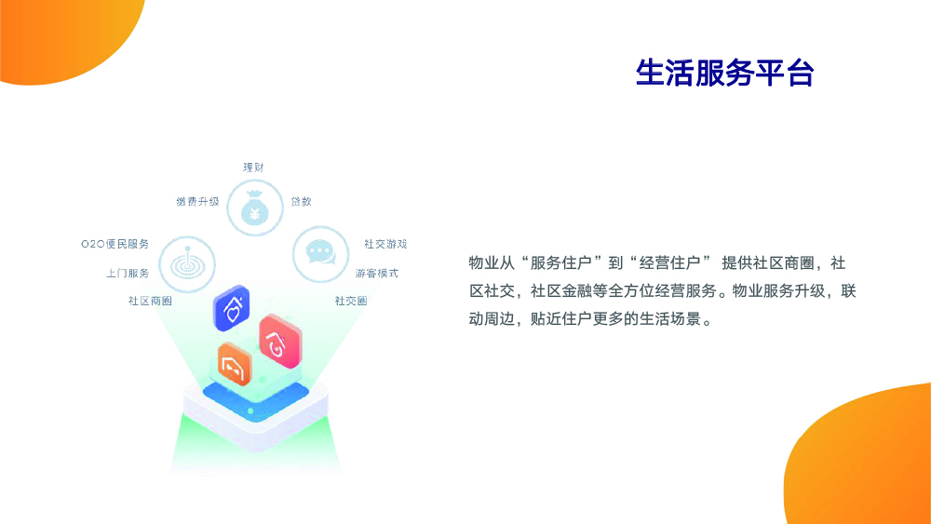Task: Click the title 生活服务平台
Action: pyautogui.click(x=724, y=73)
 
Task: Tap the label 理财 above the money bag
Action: pyautogui.click(x=253, y=168)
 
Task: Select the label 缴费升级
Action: pyautogui.click(x=197, y=202)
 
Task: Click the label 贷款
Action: pyautogui.click(x=301, y=202)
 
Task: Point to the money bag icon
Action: pyautogui.click(x=255, y=208)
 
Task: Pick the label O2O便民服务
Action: pyautogui.click(x=115, y=244)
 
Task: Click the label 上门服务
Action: pyautogui.click(x=128, y=273)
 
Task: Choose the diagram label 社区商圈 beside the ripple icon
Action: pyautogui.click(x=150, y=301)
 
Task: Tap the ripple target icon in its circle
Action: pyautogui.click(x=188, y=264)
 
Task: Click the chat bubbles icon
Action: pyautogui.click(x=320, y=253)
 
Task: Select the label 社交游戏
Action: pyautogui.click(x=385, y=244)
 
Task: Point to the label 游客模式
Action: pyautogui.click(x=377, y=273)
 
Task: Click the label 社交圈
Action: pyautogui.click(x=351, y=301)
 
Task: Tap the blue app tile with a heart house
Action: pyautogui.click(x=232, y=308)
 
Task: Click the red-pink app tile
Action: pyautogui.click(x=280, y=342)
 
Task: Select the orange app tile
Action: pyautogui.click(x=235, y=364)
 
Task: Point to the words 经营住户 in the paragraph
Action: pyautogui.click(x=669, y=262)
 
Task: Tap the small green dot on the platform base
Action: pyautogui.click(x=250, y=410)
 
